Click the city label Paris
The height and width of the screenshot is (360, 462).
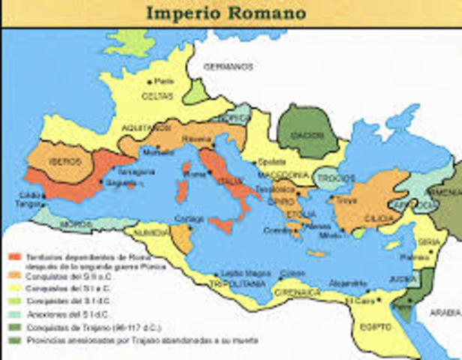[163, 81]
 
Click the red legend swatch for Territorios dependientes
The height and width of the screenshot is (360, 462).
[13, 257]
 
